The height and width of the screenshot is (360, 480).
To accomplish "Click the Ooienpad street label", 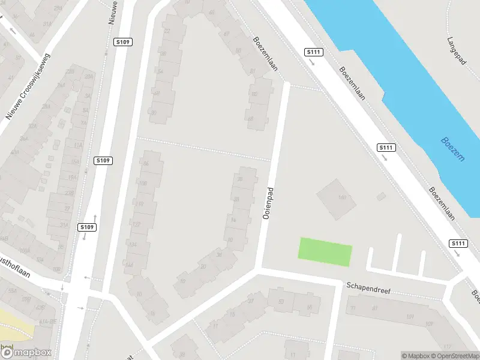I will coord(268,203).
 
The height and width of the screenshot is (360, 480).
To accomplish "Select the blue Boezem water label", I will coord(452,149).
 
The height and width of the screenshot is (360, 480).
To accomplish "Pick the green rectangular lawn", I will coord(325,252).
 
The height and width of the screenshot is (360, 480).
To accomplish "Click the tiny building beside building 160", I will coord(380,196).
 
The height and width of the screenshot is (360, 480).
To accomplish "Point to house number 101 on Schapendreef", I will coord(410,316).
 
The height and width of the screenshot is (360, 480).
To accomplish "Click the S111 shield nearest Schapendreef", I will coord(458,243).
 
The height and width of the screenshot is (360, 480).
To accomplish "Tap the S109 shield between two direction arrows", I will coord(87,227).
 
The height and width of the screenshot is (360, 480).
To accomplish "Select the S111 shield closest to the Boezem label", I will coord(386,148).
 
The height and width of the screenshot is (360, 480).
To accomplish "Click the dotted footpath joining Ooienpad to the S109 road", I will coord(204,149).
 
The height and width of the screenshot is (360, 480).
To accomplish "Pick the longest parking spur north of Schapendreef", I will coord(397,253).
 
